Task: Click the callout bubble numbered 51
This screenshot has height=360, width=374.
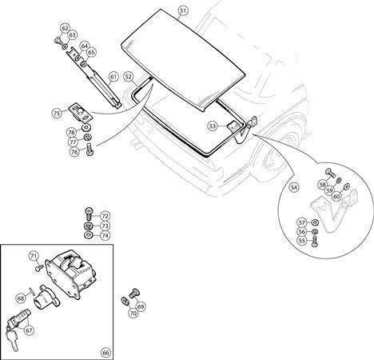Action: tap(182, 11)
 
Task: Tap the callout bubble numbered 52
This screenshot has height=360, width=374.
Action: tap(129, 77)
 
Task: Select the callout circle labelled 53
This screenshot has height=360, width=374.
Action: tap(213, 126)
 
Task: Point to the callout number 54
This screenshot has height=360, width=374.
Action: tap(293, 187)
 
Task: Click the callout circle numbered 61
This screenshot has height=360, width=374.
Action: tap(113, 77)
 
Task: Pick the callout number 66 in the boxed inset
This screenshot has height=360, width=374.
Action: tap(105, 353)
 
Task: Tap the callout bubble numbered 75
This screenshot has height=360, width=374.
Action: tap(57, 114)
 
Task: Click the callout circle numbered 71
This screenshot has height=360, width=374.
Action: tap(34, 256)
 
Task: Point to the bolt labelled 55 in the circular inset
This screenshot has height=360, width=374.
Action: tap(315, 241)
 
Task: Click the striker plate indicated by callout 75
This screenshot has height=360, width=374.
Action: tap(80, 113)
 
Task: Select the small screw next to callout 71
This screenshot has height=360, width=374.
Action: tap(39, 267)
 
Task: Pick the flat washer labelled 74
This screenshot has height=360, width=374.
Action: tap(89, 235)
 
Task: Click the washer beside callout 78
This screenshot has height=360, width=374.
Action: tap(86, 127)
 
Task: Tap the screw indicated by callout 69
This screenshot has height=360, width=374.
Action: tap(135, 294)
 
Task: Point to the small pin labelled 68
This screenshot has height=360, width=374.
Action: tap(32, 290)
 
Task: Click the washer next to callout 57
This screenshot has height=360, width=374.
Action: tap(315, 222)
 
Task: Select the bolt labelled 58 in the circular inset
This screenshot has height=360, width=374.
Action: tap(331, 173)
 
